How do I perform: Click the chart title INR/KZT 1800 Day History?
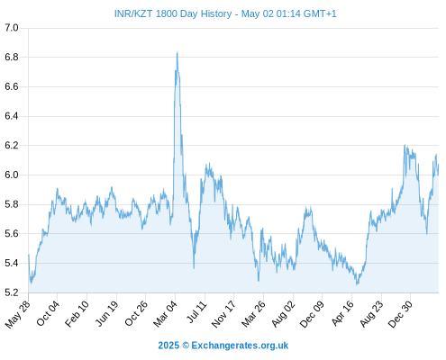click(x=173, y=13)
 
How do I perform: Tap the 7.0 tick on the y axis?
click(x=12, y=28)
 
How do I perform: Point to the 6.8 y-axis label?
click(x=12, y=57)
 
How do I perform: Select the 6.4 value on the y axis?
click(x=12, y=116)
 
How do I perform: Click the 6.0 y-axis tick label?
click(x=12, y=175)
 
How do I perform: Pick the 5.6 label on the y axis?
click(x=12, y=233)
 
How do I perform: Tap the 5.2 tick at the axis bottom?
click(x=12, y=292)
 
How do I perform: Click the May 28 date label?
click(x=18, y=314)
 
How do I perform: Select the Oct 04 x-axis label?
click(x=48, y=313)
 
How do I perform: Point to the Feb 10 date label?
click(x=77, y=313)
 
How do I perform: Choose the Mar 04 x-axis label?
click(x=165, y=314)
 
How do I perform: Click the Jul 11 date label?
click(x=197, y=312)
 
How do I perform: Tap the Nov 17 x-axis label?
click(x=223, y=314)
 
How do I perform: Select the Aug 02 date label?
click(x=283, y=314)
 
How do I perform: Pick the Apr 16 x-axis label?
click(x=342, y=313)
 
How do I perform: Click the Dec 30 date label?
click(x=400, y=314)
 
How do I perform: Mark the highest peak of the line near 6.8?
click(x=177, y=52)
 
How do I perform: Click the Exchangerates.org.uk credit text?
click(x=240, y=346)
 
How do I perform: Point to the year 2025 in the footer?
click(x=168, y=346)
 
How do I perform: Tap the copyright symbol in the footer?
click(x=186, y=346)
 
